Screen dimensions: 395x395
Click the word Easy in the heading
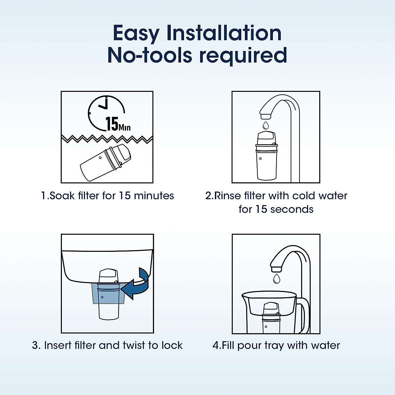[136, 34]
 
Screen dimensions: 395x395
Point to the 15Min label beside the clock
[118, 124]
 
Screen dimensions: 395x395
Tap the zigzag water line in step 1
[107, 139]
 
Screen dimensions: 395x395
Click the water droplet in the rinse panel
[265, 125]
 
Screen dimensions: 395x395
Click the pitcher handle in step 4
[304, 314]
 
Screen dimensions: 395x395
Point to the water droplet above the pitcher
[276, 278]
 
